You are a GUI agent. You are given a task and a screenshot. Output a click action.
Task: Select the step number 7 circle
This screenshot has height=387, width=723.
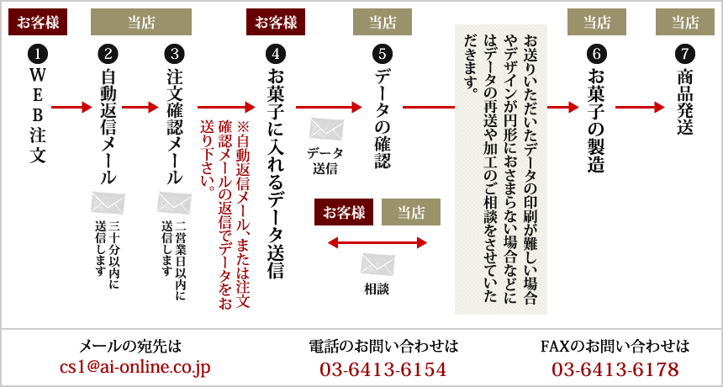683,54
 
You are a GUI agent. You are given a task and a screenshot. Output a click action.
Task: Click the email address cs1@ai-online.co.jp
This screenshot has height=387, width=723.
135,368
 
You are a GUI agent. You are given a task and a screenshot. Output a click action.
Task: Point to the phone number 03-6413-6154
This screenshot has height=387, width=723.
383,368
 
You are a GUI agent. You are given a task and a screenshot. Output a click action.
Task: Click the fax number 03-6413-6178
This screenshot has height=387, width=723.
615,368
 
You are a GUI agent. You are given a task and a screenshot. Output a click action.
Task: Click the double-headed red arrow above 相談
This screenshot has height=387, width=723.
377,243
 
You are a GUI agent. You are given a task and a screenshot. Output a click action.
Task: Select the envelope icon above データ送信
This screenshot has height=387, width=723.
326,130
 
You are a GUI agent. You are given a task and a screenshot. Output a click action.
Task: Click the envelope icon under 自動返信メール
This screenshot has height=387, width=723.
108,203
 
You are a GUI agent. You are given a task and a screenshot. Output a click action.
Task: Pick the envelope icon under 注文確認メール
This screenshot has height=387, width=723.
174,203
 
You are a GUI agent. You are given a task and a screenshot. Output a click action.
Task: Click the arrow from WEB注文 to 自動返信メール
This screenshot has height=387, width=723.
71,108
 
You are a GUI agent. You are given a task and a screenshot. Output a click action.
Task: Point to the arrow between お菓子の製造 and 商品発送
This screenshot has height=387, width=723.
640,108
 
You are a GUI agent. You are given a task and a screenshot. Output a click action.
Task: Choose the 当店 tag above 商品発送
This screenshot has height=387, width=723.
684,22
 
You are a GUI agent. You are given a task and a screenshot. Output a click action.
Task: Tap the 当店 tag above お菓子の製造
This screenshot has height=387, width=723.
596,22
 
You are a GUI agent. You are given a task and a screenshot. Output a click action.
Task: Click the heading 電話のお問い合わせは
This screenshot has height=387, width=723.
383,346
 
